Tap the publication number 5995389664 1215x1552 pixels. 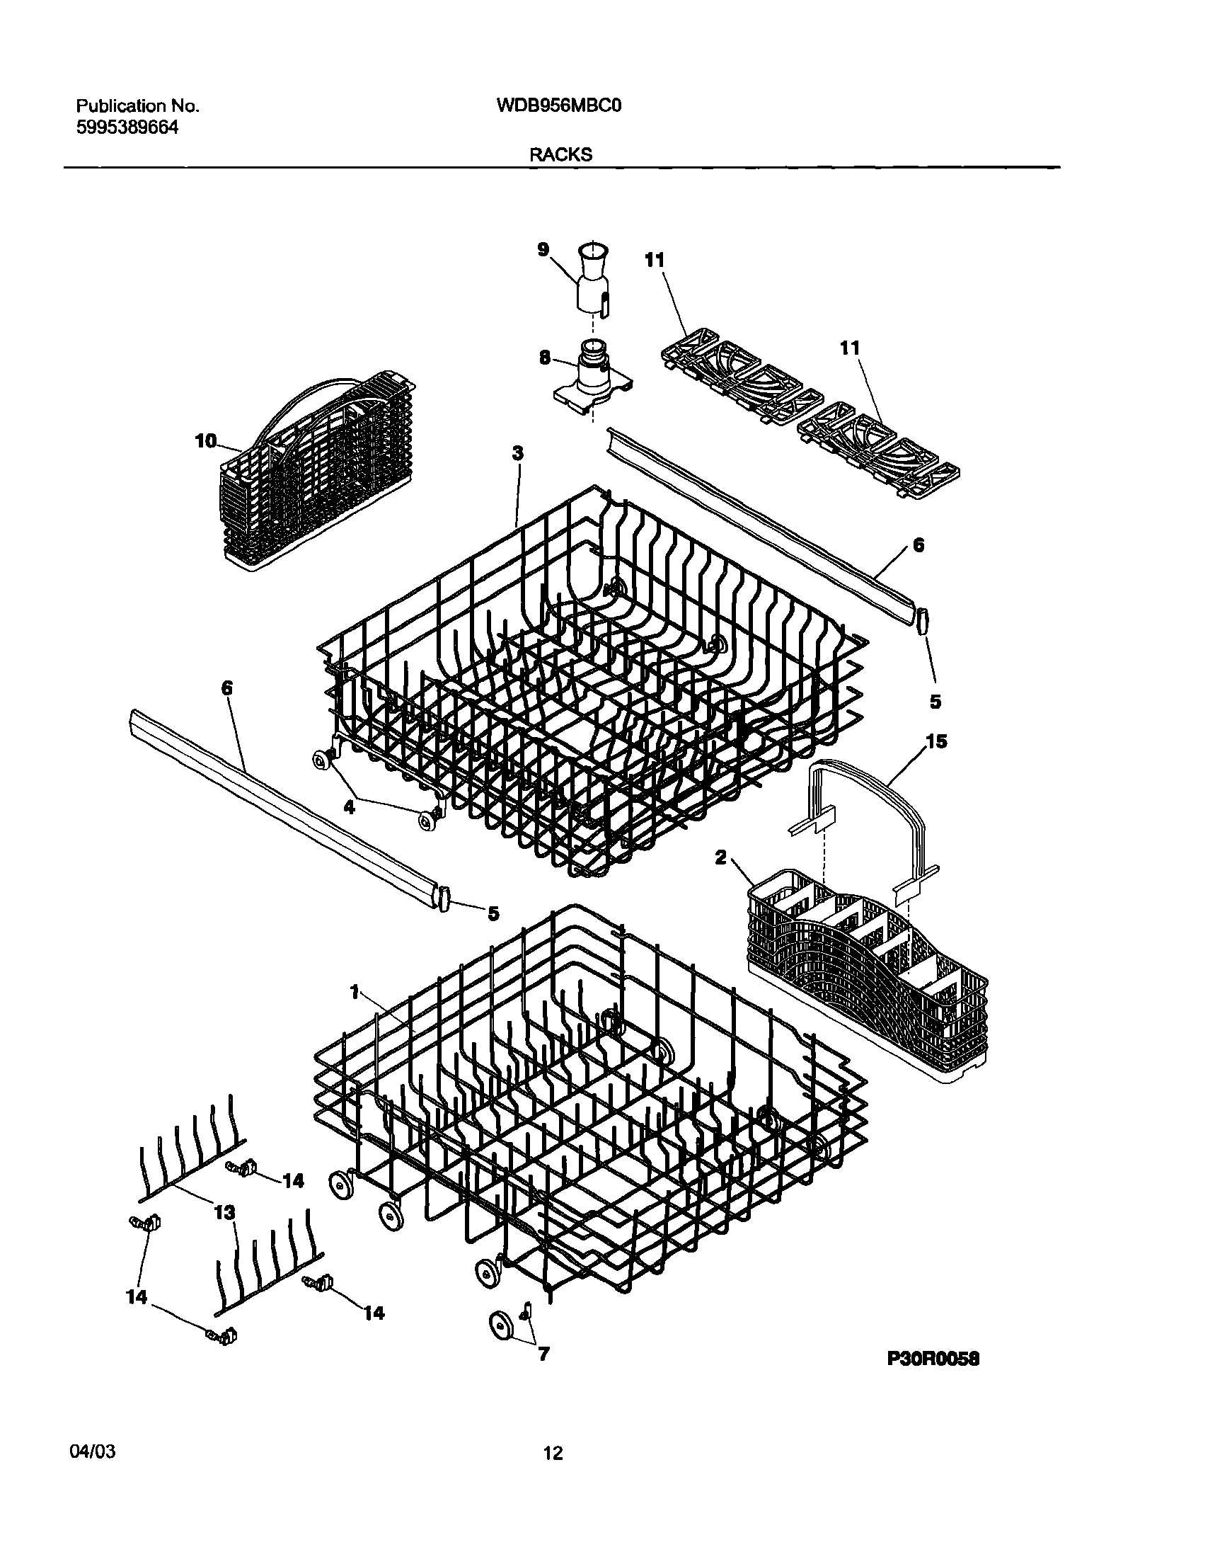[127, 128]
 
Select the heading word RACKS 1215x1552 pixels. [560, 155]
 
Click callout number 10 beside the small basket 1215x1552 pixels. [206, 442]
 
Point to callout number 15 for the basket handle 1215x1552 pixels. [937, 742]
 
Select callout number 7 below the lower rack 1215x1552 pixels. [543, 1354]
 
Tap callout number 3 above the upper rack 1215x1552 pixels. [518, 452]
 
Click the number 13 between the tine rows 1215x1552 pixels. [224, 1214]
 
